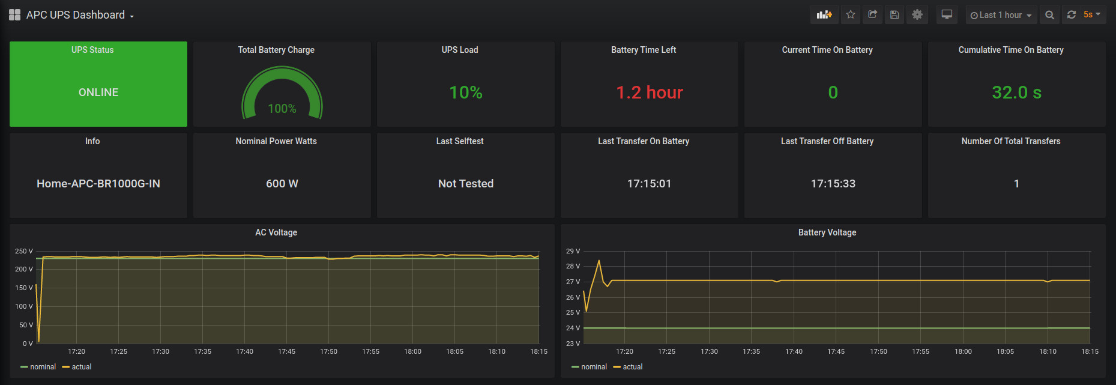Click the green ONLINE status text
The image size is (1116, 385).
98,92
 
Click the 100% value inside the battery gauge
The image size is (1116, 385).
282,109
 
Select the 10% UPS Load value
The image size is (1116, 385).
466,92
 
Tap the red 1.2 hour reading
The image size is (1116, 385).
650,92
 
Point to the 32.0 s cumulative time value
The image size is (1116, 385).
1016,92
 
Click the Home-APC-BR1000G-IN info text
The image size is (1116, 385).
98,184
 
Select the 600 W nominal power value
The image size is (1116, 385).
282,184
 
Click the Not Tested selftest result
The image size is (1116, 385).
466,184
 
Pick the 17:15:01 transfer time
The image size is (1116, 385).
650,184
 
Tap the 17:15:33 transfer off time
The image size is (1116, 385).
833,184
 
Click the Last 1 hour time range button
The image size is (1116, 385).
1001,15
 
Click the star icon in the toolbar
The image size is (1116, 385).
851,14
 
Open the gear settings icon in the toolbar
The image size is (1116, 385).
917,14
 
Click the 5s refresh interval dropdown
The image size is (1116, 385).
1092,14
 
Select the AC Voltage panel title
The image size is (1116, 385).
276,232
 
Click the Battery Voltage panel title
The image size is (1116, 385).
827,232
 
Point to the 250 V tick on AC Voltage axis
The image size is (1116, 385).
24,251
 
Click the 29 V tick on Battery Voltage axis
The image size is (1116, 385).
573,251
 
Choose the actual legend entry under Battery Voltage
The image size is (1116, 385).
632,367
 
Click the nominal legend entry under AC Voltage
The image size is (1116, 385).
43,367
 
